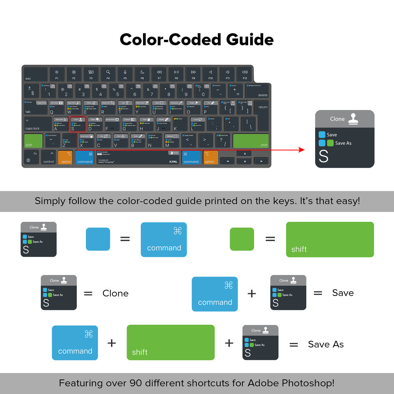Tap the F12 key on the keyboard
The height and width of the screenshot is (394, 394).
point(245,74)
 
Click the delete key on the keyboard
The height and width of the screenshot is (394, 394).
point(258,91)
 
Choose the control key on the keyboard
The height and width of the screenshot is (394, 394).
point(48,158)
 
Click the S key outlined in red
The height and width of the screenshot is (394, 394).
point(77,124)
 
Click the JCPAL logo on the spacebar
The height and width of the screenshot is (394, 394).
point(173,162)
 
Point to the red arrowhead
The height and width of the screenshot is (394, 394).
point(301,150)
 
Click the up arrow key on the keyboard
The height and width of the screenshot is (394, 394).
point(245,154)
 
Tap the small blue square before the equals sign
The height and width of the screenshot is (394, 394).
point(98,239)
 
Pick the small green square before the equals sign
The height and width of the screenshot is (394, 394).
point(242,239)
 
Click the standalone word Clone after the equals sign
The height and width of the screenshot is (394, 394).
point(115,293)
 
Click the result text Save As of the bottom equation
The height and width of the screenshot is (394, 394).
point(326,344)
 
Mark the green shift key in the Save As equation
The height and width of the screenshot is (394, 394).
point(171,342)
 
